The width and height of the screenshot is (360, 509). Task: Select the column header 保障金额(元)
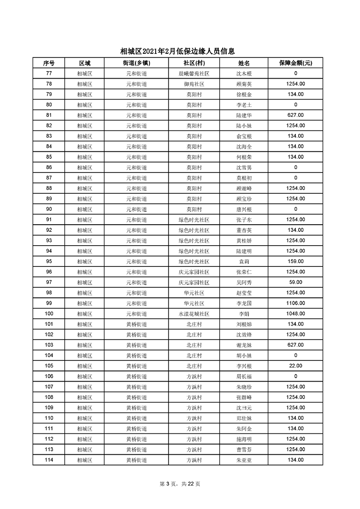tap(296, 63)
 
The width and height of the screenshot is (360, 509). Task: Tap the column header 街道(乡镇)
tap(137, 63)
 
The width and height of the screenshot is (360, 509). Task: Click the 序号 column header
tap(49, 63)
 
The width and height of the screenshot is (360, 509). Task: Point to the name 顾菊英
tap(243, 84)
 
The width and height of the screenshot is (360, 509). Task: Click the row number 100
tap(49, 314)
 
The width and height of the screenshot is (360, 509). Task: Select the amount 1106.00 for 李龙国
tap(296, 303)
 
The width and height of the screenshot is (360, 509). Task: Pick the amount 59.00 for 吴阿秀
tap(296, 283)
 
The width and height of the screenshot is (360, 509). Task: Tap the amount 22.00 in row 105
tap(296, 366)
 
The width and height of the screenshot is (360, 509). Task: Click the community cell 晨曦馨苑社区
tap(194, 74)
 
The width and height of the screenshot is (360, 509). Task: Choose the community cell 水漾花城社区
tap(194, 314)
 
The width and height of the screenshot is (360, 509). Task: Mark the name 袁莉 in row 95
tap(243, 262)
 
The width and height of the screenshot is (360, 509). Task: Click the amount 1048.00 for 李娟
tap(296, 314)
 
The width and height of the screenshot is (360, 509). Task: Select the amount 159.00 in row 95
tap(296, 262)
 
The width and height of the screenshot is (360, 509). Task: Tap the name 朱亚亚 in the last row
tap(243, 460)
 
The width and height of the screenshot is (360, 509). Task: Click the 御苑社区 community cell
tap(194, 84)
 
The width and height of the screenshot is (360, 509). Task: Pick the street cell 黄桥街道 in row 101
tap(137, 324)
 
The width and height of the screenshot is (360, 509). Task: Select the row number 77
tap(49, 74)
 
